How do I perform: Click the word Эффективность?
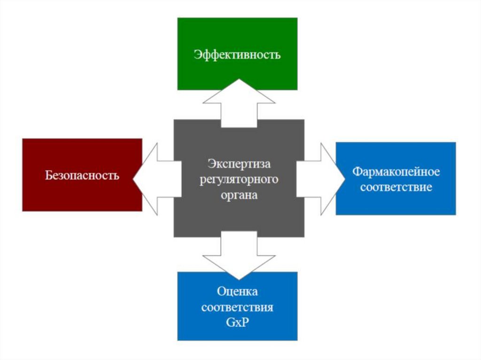237,54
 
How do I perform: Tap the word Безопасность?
82,176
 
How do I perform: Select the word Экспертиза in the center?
239,165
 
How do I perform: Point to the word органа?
239,195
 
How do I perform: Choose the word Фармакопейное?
396,172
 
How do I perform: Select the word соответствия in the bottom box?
237,308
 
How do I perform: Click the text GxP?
237,324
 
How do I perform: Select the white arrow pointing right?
319,178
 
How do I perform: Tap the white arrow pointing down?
239,256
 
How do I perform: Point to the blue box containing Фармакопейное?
396,204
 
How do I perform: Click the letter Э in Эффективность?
197,54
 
